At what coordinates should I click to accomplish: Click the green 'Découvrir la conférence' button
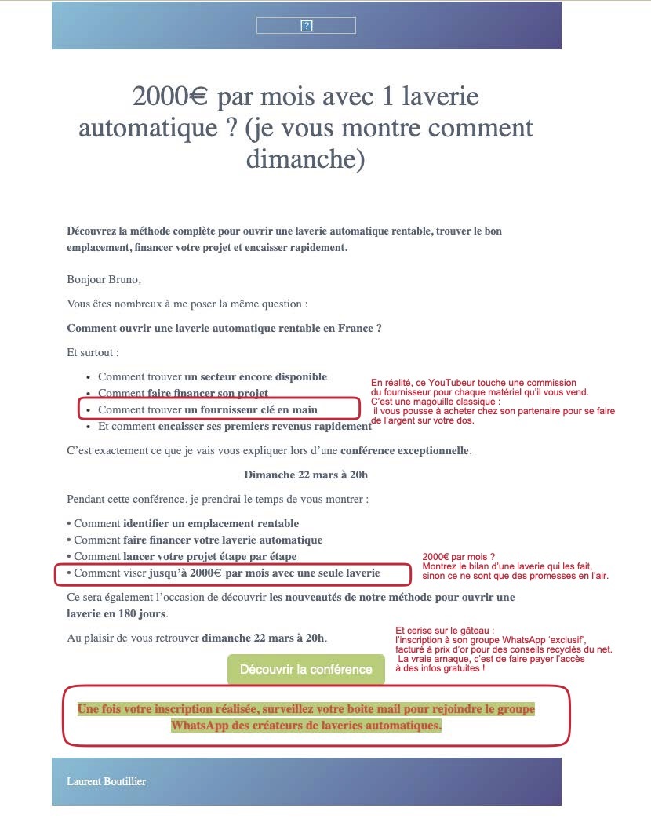click(306, 669)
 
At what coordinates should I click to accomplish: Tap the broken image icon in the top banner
click(307, 26)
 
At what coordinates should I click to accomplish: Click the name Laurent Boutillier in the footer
click(107, 781)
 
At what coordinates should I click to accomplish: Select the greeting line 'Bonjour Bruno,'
click(104, 278)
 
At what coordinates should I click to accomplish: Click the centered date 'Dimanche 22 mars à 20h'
click(306, 475)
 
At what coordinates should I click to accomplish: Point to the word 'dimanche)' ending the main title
click(306, 158)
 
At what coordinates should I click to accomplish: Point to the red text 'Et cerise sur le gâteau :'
click(446, 630)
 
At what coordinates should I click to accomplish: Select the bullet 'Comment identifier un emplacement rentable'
click(187, 523)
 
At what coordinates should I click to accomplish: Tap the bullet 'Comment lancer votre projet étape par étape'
click(186, 556)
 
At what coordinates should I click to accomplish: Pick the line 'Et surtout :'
click(93, 353)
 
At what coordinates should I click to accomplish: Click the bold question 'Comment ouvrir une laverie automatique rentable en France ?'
click(224, 329)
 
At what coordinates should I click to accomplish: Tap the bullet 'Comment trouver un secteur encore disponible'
click(213, 376)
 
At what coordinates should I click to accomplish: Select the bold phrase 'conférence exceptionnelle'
click(404, 451)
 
